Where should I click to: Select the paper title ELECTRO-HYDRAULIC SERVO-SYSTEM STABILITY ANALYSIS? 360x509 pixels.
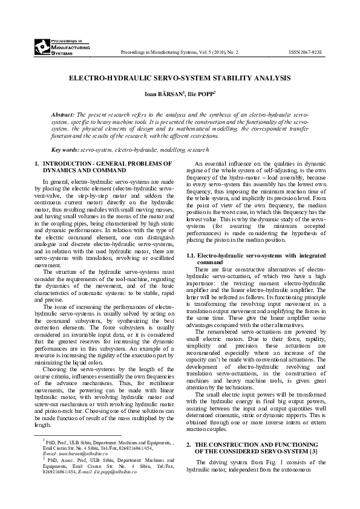(180, 79)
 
